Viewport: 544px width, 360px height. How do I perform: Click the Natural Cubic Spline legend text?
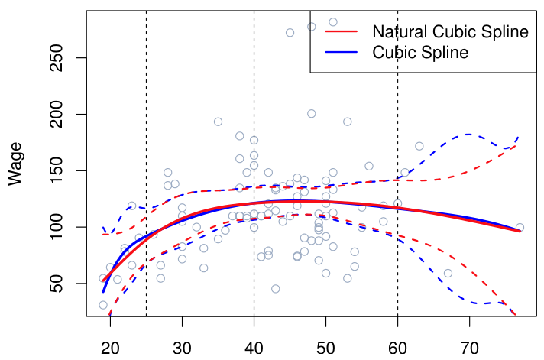click(450, 32)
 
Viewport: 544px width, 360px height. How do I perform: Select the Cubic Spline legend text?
click(419, 53)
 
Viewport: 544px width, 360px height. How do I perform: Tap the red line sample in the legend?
click(342, 32)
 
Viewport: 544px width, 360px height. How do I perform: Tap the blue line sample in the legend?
click(342, 53)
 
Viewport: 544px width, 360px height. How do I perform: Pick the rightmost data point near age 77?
click(520, 228)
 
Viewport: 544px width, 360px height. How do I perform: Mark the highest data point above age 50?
click(333, 22)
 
